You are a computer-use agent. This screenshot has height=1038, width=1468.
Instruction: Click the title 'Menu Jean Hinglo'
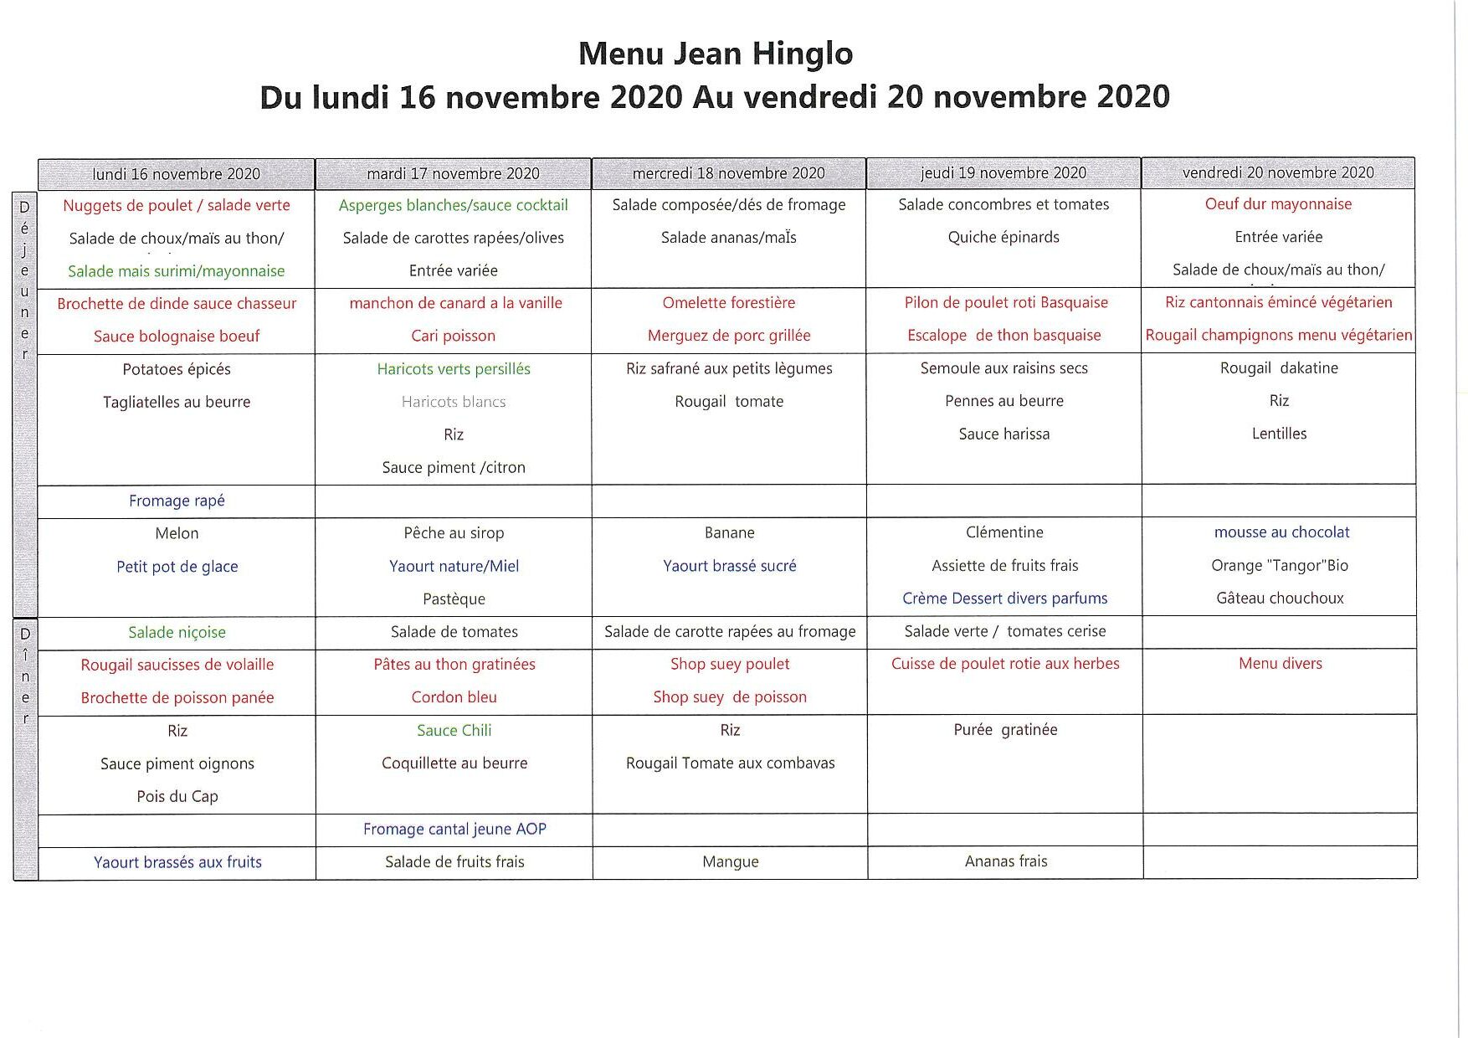[x=715, y=54]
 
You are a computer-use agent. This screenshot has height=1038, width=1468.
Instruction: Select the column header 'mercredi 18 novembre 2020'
[x=728, y=173]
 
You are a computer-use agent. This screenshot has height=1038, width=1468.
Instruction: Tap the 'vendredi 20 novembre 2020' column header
[x=1278, y=172]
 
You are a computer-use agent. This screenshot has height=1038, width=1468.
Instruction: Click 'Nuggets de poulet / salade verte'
[x=177, y=205]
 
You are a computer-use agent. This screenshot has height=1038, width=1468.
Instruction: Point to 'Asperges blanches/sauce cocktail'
[x=453, y=205]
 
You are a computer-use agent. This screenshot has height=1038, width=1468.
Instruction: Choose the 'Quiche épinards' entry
[x=1003, y=237]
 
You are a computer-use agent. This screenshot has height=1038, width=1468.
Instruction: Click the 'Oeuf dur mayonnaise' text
[x=1278, y=204]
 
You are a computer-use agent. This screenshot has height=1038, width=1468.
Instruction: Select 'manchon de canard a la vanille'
[x=455, y=303]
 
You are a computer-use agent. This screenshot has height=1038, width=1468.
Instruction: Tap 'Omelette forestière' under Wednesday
[x=728, y=302]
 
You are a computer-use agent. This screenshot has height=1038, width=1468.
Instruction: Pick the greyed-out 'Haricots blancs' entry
[x=453, y=402]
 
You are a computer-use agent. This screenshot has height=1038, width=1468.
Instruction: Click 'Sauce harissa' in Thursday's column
[x=1003, y=434]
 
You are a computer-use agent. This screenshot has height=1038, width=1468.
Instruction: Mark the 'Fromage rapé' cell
[x=177, y=501]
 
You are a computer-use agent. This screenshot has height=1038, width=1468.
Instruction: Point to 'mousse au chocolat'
[x=1281, y=532]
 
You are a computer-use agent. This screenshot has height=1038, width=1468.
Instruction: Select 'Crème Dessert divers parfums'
[x=1004, y=599]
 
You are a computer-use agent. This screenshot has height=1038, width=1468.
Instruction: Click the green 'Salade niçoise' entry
[x=177, y=632]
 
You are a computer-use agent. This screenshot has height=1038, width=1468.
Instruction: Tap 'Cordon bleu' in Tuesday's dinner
[x=454, y=697]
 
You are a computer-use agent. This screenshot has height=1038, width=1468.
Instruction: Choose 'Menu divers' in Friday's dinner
[x=1280, y=664]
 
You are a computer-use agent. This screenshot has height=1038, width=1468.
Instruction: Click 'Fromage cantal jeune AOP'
[x=454, y=829]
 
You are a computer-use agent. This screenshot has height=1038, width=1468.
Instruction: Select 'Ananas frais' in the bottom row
[x=1005, y=861]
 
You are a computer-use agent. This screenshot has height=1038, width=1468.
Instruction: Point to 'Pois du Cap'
[x=177, y=796]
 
